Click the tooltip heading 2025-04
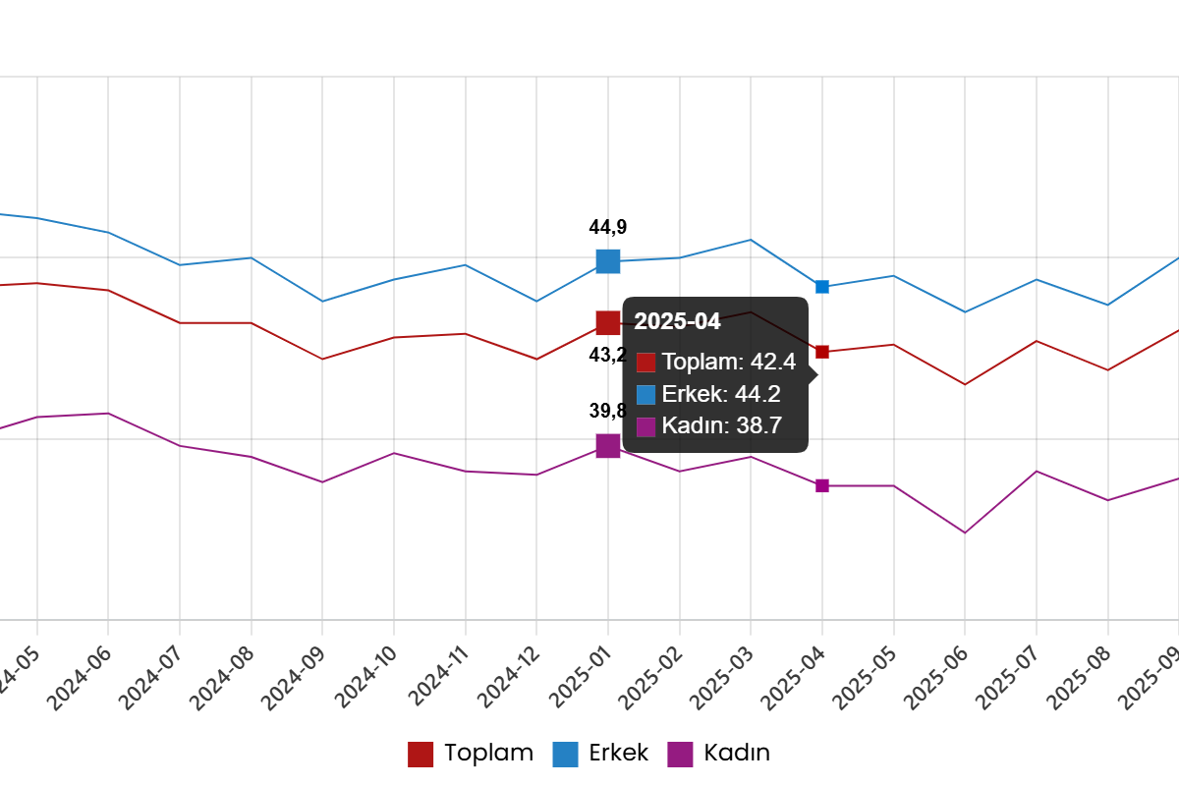677,321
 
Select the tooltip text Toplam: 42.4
728,362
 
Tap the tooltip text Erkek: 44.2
721,394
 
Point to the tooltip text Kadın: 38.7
721,426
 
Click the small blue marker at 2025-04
822,287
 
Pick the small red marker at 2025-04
822,352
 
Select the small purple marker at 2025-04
822,486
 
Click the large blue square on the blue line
608,261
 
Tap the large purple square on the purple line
608,446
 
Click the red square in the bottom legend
421,755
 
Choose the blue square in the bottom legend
565,755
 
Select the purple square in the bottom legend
680,755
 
